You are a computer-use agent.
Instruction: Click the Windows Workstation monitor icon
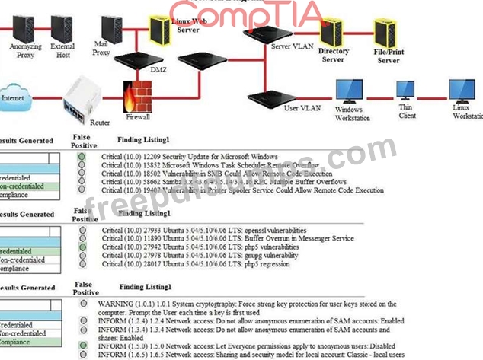[351, 92]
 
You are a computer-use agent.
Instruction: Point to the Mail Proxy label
[101, 48]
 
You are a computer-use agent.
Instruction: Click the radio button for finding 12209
[82, 157]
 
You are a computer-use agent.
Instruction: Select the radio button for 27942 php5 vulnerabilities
[82, 247]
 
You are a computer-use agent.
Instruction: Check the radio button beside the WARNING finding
[82, 303]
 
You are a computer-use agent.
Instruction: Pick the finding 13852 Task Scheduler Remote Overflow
[210, 165]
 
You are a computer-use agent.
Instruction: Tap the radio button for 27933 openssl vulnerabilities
[82, 229]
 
